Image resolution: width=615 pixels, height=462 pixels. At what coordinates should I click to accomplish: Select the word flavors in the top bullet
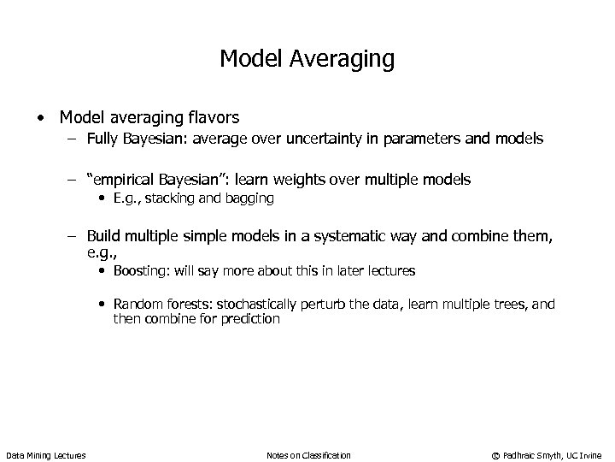click(214, 117)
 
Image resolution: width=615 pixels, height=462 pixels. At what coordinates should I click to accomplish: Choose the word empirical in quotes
click(125, 179)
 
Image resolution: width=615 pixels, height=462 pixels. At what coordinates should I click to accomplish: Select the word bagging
click(250, 198)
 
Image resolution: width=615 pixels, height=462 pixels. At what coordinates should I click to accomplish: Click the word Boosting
click(140, 270)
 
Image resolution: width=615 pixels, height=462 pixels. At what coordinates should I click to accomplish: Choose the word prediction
click(250, 318)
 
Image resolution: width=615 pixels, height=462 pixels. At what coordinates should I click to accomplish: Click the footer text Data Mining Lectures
click(45, 454)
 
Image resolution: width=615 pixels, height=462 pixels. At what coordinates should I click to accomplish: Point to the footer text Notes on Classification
click(308, 454)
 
